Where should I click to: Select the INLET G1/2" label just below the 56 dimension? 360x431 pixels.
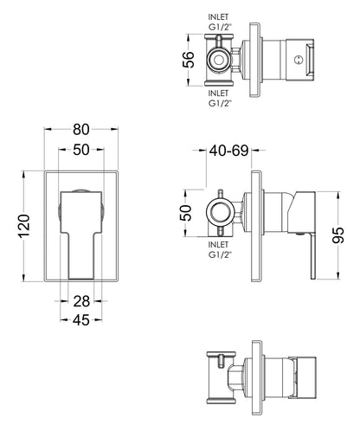pos(221,98)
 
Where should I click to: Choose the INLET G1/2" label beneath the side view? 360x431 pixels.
pos(221,252)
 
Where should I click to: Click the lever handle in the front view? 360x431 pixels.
pos(80,234)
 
